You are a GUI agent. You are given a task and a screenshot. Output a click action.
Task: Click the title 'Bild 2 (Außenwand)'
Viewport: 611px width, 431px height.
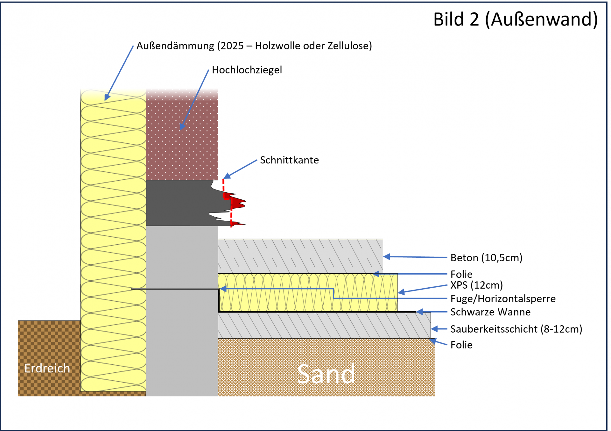pyautogui.click(x=515, y=20)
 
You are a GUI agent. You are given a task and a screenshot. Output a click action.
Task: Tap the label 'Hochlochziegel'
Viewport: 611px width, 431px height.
pyautogui.click(x=247, y=70)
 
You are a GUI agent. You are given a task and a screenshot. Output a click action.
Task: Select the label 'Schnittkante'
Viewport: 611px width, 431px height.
pyautogui.click(x=289, y=160)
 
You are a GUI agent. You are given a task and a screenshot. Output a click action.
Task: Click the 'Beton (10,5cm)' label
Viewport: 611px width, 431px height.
pyautogui.click(x=486, y=258)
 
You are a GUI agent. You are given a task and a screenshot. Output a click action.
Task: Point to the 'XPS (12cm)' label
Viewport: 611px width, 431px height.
pyautogui.click(x=476, y=285)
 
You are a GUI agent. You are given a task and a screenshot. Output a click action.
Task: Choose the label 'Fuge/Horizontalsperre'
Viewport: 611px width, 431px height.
pyautogui.click(x=503, y=299)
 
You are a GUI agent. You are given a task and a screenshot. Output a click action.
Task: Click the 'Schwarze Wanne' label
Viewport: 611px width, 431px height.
pyautogui.click(x=490, y=312)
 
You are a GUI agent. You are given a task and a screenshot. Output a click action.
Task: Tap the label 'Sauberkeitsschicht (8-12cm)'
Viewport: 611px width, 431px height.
pyautogui.click(x=516, y=329)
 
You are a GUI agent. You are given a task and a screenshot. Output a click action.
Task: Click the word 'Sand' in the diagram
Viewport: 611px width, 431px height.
pyautogui.click(x=326, y=374)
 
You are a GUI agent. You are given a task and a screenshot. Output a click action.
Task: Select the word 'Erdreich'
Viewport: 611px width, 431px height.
pyautogui.click(x=47, y=369)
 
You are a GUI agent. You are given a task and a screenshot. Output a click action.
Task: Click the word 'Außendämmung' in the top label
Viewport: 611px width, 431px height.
pyautogui.click(x=175, y=46)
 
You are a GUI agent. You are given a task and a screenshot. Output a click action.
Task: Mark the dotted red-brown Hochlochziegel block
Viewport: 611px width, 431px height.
pyautogui.click(x=182, y=140)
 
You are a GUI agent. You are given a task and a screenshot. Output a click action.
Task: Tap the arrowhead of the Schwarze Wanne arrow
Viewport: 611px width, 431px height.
pyautogui.click(x=419, y=312)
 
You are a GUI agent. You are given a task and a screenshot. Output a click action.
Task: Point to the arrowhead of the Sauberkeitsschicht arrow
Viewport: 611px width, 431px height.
pyautogui.click(x=434, y=329)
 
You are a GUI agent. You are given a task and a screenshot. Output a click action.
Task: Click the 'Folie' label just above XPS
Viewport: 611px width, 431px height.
pyautogui.click(x=461, y=274)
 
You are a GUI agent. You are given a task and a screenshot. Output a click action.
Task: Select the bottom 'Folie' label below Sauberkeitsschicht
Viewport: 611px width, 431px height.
pyautogui.click(x=461, y=345)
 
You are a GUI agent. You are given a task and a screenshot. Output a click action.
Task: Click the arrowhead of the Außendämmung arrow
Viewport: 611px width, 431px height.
pyautogui.click(x=107, y=97)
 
